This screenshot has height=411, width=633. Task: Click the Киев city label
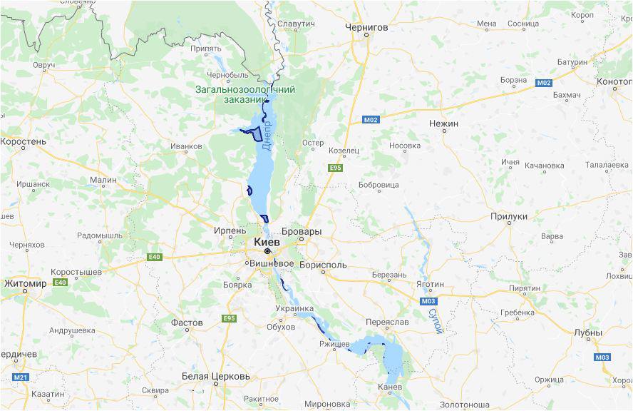[267, 242]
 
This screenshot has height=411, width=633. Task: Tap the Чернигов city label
[366, 27]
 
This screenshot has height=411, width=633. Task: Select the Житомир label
[25, 283]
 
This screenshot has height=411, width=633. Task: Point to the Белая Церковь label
[216, 376]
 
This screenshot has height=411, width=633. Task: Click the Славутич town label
[296, 24]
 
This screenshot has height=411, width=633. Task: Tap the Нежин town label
[443, 123]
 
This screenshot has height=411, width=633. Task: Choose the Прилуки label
[509, 216]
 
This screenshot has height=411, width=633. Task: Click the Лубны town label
[588, 333]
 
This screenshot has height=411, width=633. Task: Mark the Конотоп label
[614, 81]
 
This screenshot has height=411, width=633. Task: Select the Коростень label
[23, 142]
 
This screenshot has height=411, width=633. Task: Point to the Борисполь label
[322, 265]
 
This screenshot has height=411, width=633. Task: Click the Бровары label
[302, 232]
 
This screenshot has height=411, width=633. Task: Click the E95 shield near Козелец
[335, 168]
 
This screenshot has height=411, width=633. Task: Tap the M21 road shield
[20, 377]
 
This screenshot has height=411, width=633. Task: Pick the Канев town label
[389, 387]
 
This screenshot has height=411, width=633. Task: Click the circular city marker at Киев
[267, 252]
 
